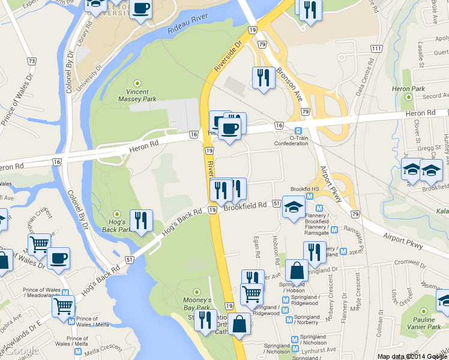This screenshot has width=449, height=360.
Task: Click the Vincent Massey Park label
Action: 137,95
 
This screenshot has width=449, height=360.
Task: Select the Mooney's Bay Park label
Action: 197,303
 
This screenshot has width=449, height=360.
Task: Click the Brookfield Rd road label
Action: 244,206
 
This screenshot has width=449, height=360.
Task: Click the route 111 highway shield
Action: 376,48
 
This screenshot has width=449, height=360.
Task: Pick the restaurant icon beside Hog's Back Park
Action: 141,221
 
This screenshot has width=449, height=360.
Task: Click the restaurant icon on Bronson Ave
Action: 264,78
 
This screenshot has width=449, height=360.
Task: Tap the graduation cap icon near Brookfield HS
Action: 293,207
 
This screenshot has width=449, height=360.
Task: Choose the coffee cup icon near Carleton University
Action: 140,9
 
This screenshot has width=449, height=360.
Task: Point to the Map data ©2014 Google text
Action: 412,356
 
